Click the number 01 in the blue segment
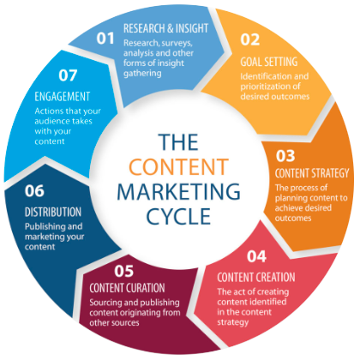(x=105, y=39)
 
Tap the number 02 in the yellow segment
(x=250, y=39)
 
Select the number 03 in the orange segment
(x=285, y=156)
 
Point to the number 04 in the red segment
(x=256, y=256)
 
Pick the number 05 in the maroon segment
(x=124, y=271)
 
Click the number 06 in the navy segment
(x=34, y=191)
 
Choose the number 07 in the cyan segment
(x=68, y=75)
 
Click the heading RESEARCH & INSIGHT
(x=165, y=28)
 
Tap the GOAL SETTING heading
(x=269, y=62)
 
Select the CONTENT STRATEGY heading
(x=312, y=173)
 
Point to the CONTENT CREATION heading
(x=256, y=277)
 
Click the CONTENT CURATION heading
(x=127, y=288)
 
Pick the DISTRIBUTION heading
(x=53, y=212)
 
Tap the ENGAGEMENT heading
(x=63, y=97)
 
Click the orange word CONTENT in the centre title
(x=179, y=167)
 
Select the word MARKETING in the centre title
(x=179, y=191)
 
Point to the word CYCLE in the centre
(x=178, y=216)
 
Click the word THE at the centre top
(x=178, y=142)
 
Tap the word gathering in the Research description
(x=142, y=74)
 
